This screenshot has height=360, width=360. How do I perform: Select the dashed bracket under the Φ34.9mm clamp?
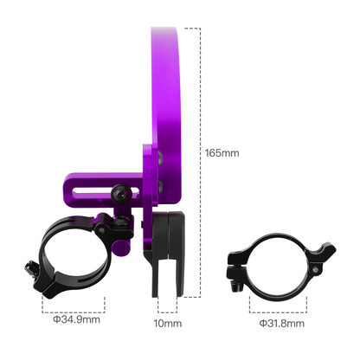pyautogui.click(x=74, y=303)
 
